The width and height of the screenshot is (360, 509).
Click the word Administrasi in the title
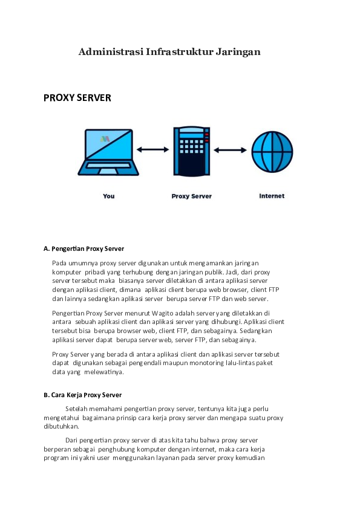[111, 52]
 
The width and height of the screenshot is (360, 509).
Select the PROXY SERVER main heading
[77, 97]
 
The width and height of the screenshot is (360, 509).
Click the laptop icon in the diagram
[109, 152]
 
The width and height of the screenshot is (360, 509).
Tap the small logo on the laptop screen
[106, 139]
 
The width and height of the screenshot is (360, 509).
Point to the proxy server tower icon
[191, 151]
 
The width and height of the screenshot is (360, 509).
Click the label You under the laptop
[109, 196]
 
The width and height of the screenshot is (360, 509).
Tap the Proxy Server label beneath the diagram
[191, 196]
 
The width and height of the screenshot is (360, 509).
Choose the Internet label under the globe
[272, 196]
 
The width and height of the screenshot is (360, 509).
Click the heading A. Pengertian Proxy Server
[83, 248]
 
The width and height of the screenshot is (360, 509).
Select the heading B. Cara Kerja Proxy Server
[82, 395]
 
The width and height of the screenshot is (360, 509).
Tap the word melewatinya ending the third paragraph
[104, 372]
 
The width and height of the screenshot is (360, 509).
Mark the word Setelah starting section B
[77, 409]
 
